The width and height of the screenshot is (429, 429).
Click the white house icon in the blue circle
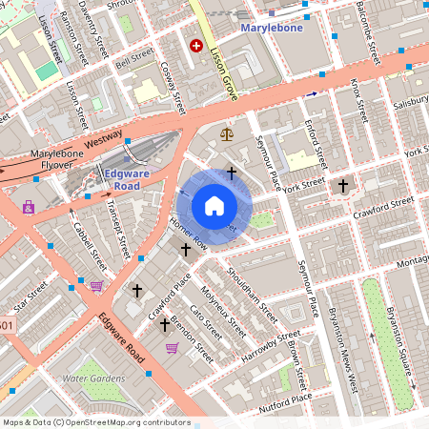[214, 205]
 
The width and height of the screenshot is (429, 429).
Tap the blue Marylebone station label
[271, 28]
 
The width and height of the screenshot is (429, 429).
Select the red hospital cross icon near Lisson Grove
[197, 45]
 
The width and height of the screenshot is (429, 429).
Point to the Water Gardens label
[93, 378]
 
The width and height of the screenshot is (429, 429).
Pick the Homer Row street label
[188, 229]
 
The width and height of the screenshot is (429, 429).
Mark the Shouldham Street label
[254, 291]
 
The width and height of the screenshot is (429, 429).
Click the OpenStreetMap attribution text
[95, 422]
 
